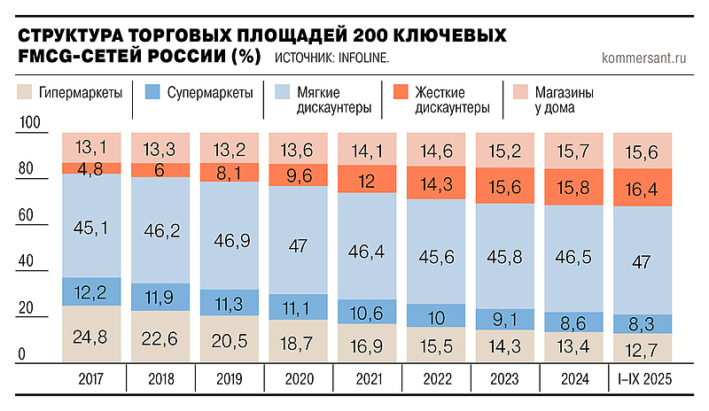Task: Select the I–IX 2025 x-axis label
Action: tap(643, 379)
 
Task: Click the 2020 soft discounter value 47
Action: tap(298, 245)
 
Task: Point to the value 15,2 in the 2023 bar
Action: tap(505, 151)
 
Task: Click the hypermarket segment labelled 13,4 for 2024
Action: tap(574, 345)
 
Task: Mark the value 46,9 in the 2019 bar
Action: tap(229, 239)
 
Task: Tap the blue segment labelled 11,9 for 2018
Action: tap(160, 298)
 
